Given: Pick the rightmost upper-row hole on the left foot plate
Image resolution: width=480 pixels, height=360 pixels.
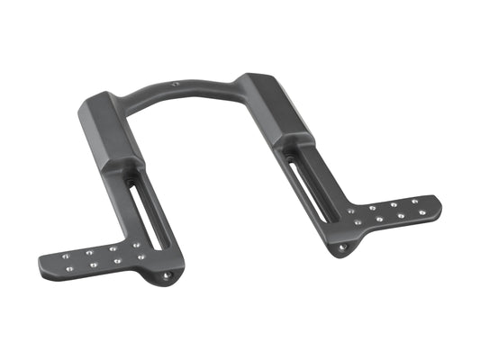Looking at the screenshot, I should pyautogui.click(x=136, y=244).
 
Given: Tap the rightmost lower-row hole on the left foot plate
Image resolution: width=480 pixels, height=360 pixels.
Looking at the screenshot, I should pyautogui.click(x=142, y=256).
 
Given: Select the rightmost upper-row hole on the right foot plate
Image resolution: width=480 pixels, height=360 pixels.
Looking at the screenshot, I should pyautogui.click(x=414, y=201).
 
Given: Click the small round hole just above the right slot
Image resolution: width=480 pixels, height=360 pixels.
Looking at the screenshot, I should pyautogui.click(x=293, y=149).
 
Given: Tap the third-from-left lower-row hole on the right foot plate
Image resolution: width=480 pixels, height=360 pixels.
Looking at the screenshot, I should pyautogui.click(x=401, y=214).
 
